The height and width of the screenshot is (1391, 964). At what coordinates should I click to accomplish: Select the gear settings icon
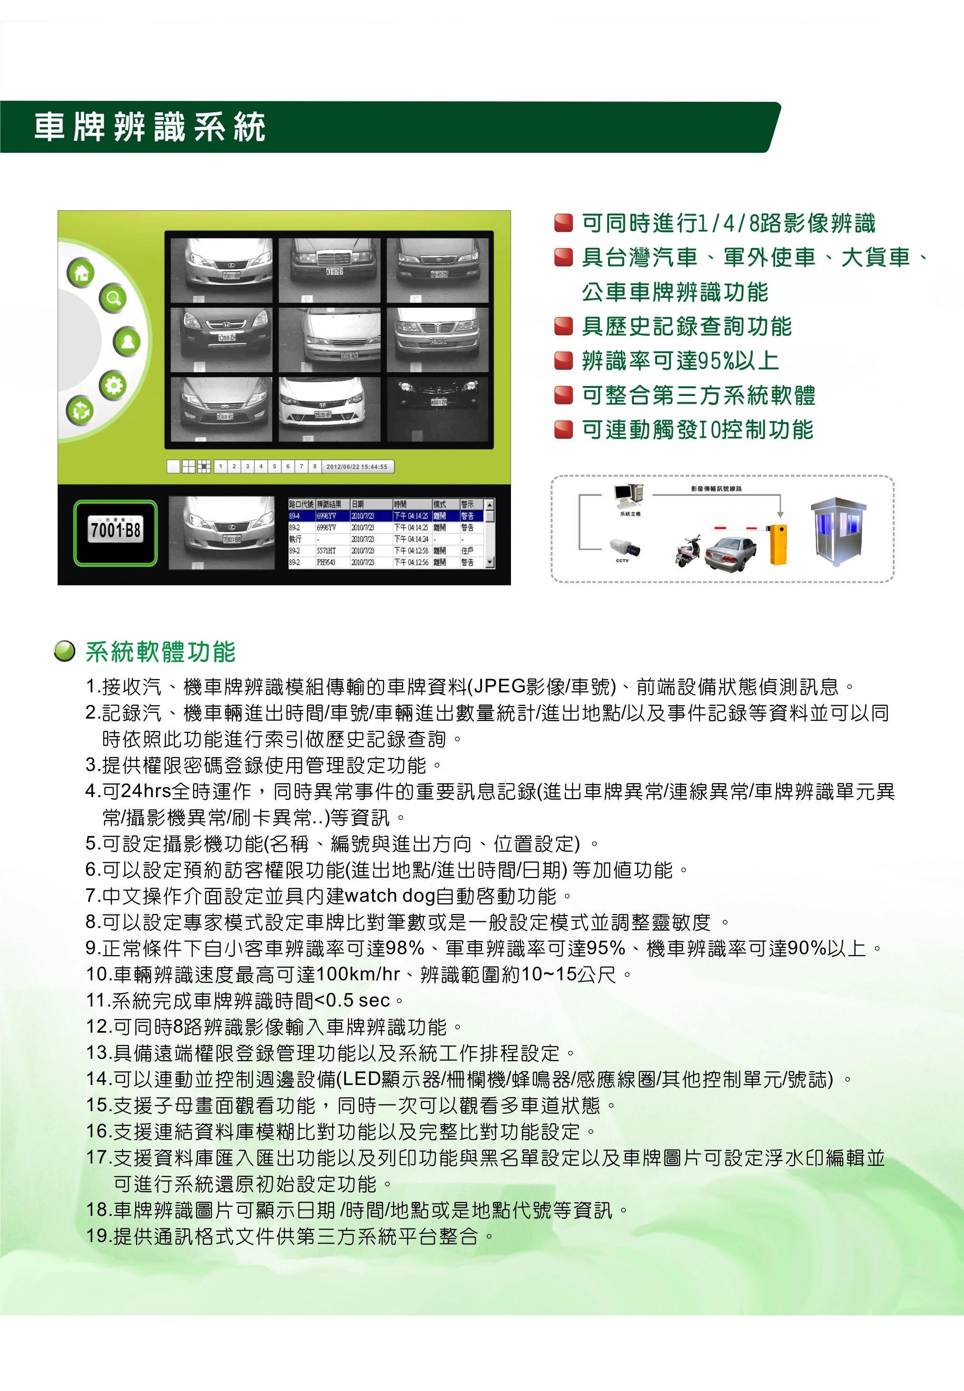click(x=113, y=385)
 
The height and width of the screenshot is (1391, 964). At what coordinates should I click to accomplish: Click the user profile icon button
click(x=128, y=342)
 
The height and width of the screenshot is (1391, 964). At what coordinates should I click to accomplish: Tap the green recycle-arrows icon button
click(x=80, y=411)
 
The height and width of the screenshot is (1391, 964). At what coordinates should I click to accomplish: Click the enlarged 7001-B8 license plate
click(x=115, y=532)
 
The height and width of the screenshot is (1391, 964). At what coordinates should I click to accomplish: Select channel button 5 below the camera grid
click(x=274, y=466)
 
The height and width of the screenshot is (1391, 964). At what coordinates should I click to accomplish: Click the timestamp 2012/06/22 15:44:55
click(x=357, y=467)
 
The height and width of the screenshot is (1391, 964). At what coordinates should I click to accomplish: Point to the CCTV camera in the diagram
click(x=624, y=547)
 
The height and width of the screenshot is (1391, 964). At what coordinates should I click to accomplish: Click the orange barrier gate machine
click(x=778, y=545)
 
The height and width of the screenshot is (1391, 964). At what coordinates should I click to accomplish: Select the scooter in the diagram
click(x=688, y=551)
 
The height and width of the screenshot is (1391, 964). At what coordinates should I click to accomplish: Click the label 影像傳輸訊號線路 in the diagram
click(x=717, y=489)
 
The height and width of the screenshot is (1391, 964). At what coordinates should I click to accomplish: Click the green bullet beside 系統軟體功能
click(x=65, y=651)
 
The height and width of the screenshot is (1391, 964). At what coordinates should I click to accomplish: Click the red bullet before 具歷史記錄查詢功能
click(x=563, y=327)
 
